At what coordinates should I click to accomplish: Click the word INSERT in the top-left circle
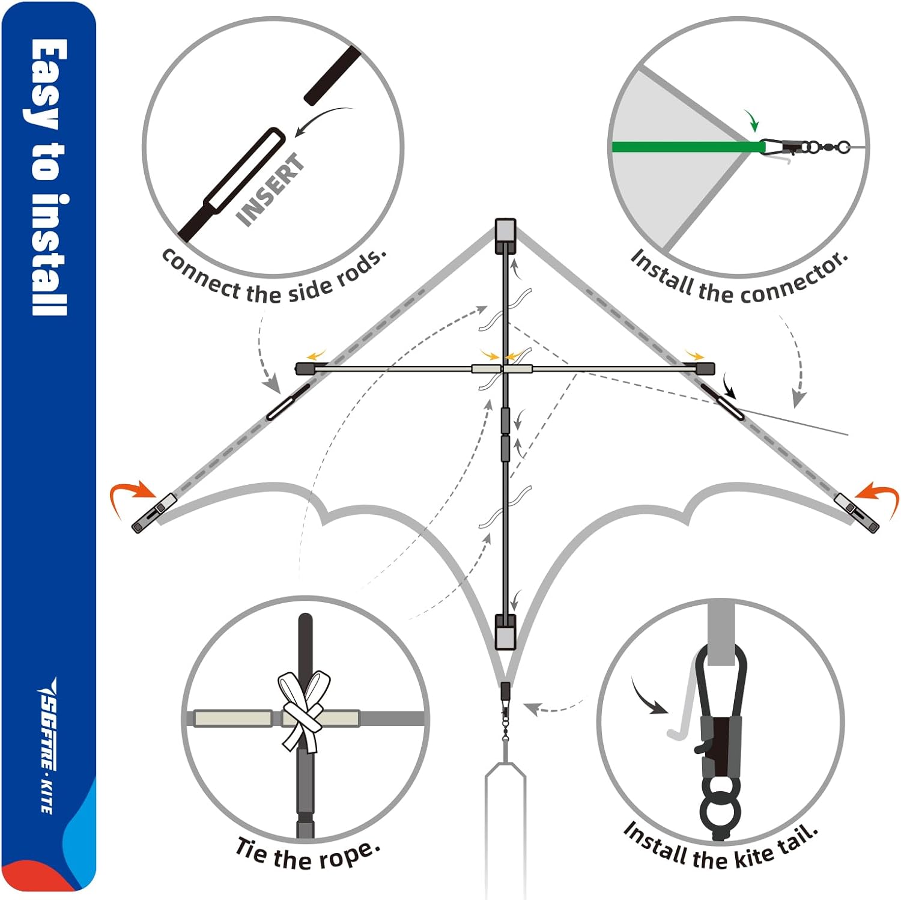click(271, 190)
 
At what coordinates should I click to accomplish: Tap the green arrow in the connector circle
click(751, 121)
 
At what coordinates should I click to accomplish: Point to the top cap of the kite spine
click(505, 236)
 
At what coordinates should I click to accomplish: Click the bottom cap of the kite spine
click(505, 631)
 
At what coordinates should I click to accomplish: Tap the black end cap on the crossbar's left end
click(306, 368)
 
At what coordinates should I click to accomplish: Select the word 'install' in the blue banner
click(48, 255)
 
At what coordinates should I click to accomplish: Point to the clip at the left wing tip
click(153, 512)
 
